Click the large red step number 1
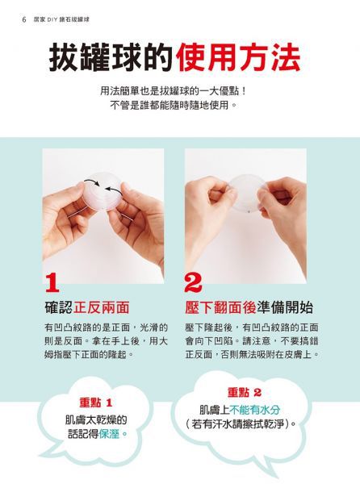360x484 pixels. pyautogui.click(x=53, y=283)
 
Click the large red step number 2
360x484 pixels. pyautogui.click(x=194, y=283)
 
